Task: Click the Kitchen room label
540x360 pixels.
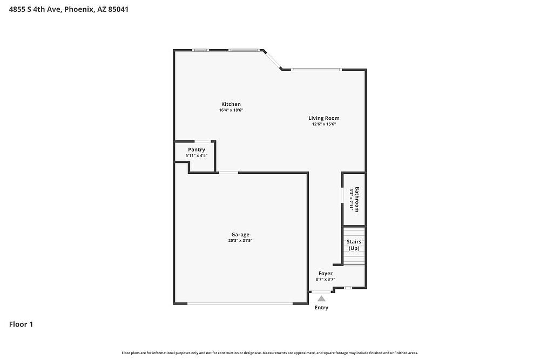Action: tap(231, 104)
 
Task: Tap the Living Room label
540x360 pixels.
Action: tap(323, 118)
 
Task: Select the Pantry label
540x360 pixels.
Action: tap(197, 150)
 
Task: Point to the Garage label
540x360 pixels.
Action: tap(240, 235)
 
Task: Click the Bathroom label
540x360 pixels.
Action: tap(357, 199)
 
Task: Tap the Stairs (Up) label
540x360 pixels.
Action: tap(354, 244)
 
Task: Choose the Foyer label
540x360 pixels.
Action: tap(326, 273)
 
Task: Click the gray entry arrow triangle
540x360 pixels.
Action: tap(321, 298)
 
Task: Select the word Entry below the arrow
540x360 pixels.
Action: tap(321, 308)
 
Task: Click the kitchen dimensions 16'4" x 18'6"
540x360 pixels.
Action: tap(231, 110)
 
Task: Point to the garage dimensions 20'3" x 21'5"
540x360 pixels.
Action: tap(240, 241)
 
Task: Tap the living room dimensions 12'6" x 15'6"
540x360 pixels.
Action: tap(323, 124)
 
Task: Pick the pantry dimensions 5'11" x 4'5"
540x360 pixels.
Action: tap(197, 155)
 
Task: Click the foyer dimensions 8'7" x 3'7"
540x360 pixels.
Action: tap(326, 280)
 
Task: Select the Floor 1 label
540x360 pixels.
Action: tap(21, 324)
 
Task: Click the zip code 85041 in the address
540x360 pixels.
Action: tap(118, 9)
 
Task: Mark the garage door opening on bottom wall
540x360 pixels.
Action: tap(240, 303)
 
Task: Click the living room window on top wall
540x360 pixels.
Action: tap(316, 70)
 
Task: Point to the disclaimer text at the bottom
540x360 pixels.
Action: tap(269, 353)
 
